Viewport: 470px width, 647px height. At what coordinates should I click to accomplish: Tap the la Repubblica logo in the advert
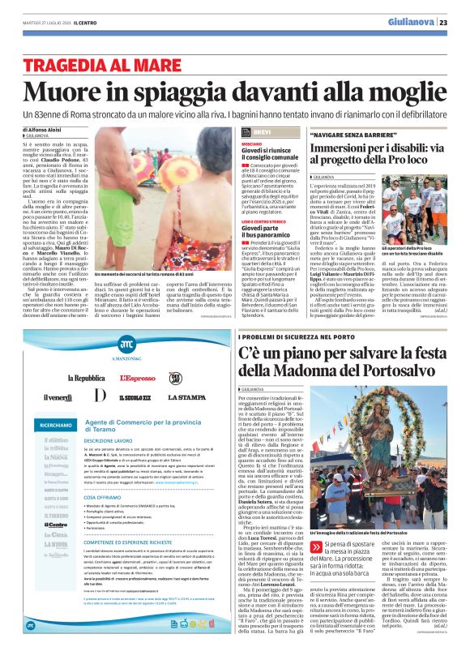click(86, 378)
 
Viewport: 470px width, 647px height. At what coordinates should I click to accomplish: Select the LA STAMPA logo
click(186, 396)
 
